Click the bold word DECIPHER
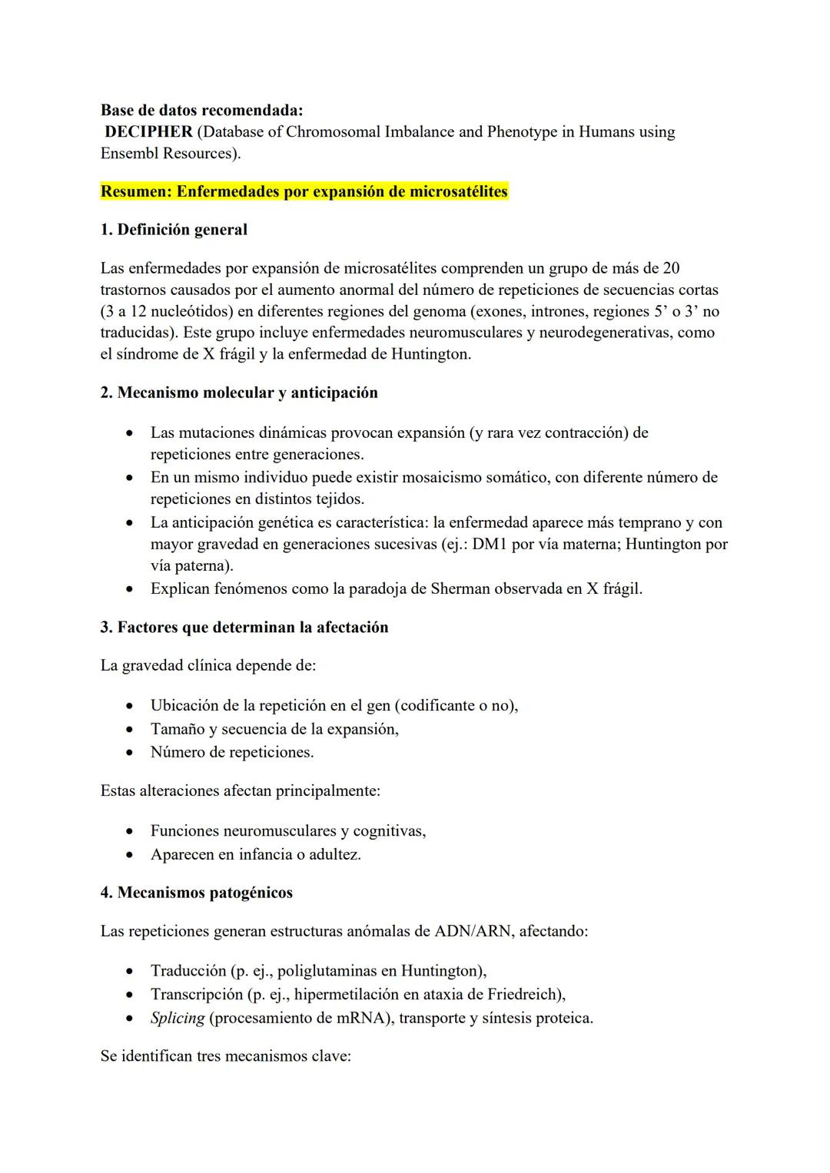[x=148, y=132]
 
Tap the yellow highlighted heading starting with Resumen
[x=304, y=191]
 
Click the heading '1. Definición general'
[x=174, y=230]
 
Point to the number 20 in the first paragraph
[x=670, y=268]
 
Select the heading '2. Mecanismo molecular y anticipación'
[x=239, y=393]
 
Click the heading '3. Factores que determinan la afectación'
[x=244, y=628]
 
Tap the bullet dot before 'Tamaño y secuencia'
[x=131, y=730]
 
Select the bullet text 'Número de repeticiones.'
[x=232, y=752]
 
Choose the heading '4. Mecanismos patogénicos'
[x=197, y=893]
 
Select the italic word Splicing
[x=178, y=1019]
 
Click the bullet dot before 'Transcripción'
[x=131, y=996]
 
